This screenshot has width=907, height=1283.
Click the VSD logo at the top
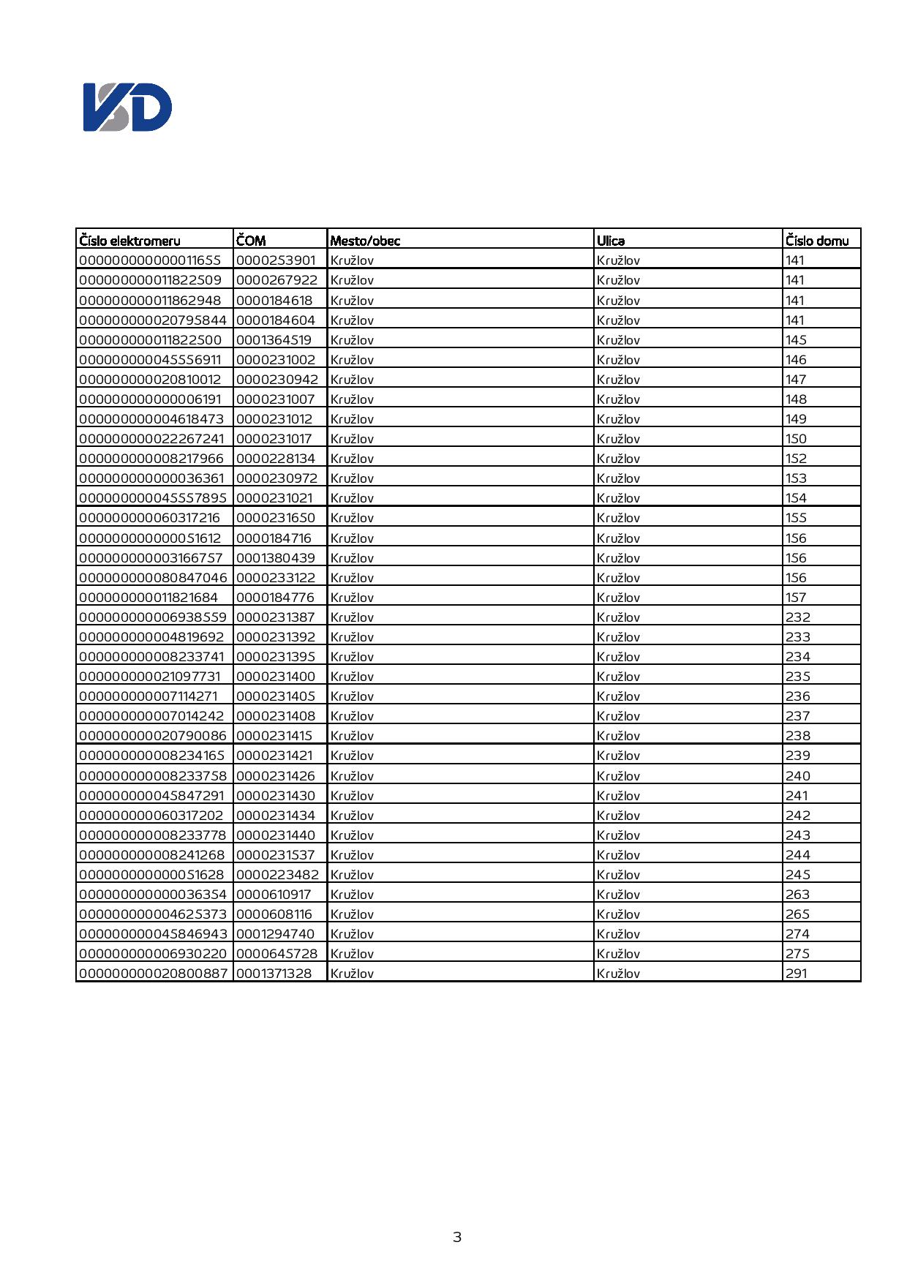click(127, 108)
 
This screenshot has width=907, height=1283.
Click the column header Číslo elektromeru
click(129, 241)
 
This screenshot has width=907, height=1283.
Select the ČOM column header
click(251, 241)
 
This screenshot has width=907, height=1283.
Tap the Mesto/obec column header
click(365, 241)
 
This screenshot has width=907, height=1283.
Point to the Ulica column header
click(611, 241)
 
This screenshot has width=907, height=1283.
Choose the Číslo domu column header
click(817, 241)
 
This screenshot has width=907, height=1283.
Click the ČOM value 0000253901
click(276, 260)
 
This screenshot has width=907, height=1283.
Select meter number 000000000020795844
click(153, 320)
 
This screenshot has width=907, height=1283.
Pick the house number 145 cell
click(796, 340)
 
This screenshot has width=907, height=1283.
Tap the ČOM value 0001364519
click(274, 340)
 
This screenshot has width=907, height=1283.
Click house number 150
click(796, 439)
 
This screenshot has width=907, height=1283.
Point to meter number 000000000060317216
click(149, 518)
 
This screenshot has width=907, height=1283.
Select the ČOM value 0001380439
click(276, 558)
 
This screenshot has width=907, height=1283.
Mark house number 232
click(798, 617)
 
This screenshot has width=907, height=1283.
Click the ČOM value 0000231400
click(276, 677)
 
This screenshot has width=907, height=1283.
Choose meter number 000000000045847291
click(151, 796)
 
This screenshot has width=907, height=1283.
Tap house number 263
click(798, 895)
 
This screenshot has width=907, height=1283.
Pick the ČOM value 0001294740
click(275, 934)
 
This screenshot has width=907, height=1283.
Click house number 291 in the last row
click(796, 974)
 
